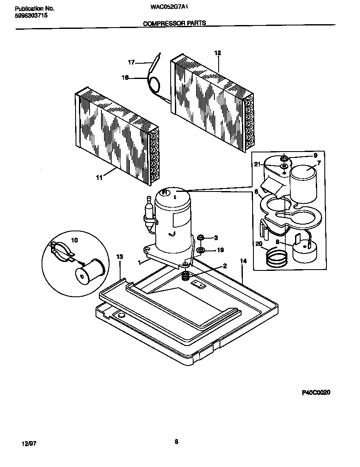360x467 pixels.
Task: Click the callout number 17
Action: point(131,62)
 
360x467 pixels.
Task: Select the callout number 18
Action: point(125,78)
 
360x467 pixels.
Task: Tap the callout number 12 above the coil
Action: point(218,53)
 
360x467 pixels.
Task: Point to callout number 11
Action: point(99,178)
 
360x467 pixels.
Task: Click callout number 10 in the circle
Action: point(74,240)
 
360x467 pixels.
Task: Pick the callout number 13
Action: point(120,257)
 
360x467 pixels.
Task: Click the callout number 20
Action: point(259,243)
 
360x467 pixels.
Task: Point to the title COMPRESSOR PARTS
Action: point(174,24)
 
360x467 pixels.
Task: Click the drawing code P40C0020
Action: point(316,393)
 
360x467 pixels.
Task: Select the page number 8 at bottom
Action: point(176,442)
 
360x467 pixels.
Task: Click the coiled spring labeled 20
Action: point(276,257)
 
